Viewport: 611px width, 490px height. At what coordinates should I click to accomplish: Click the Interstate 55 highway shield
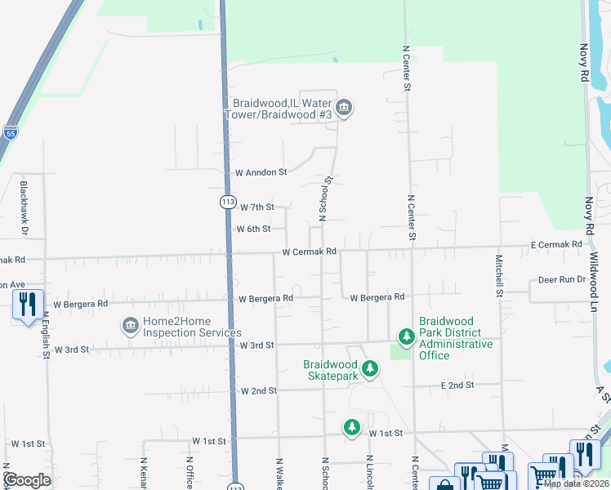click(10, 132)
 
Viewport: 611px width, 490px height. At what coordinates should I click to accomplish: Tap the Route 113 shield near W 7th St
click(228, 201)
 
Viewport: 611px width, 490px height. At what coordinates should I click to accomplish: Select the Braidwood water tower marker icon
click(344, 108)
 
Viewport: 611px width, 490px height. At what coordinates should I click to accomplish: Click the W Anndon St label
click(261, 172)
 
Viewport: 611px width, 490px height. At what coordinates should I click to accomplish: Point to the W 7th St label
click(255, 208)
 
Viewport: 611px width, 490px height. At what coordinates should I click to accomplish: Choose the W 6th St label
click(253, 229)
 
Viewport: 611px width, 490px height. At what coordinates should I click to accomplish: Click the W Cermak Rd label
click(310, 252)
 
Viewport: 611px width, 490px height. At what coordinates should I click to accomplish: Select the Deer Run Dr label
click(562, 279)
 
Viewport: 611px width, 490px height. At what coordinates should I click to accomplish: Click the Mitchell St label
click(498, 274)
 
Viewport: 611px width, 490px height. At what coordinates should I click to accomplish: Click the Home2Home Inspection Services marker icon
click(130, 327)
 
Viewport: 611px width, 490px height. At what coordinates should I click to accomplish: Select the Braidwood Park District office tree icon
click(406, 336)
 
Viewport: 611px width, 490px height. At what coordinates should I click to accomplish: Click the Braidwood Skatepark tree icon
click(370, 370)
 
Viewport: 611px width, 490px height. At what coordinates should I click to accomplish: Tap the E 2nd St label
click(457, 385)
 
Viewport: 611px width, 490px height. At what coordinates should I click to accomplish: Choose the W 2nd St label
click(259, 391)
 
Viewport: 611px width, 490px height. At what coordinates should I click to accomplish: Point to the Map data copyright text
click(576, 483)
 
